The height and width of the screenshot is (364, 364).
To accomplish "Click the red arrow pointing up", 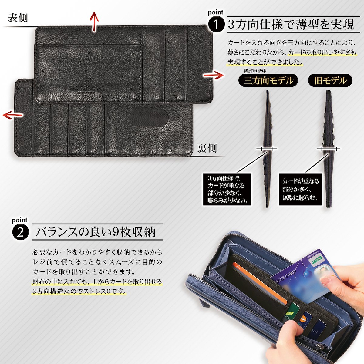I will (x=95, y=22).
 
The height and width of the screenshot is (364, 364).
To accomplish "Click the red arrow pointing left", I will (x=13, y=115).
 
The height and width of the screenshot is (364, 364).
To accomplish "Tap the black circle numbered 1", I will (x=216, y=25).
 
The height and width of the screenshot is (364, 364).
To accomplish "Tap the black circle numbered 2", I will (x=20, y=233).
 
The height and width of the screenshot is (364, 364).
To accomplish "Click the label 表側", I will (x=18, y=18).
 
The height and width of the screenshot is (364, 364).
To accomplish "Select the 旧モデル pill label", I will (x=330, y=81).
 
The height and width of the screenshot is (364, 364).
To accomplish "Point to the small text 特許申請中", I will (x=255, y=71).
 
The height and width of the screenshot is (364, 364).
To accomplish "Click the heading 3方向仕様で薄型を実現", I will (x=291, y=25).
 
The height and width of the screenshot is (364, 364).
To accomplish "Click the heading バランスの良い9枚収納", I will (x=96, y=232).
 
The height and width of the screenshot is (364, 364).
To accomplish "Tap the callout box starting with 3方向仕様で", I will (x=227, y=189).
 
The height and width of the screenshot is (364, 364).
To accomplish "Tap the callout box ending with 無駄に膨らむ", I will (x=300, y=189).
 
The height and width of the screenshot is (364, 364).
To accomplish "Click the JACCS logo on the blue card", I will (x=316, y=261).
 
